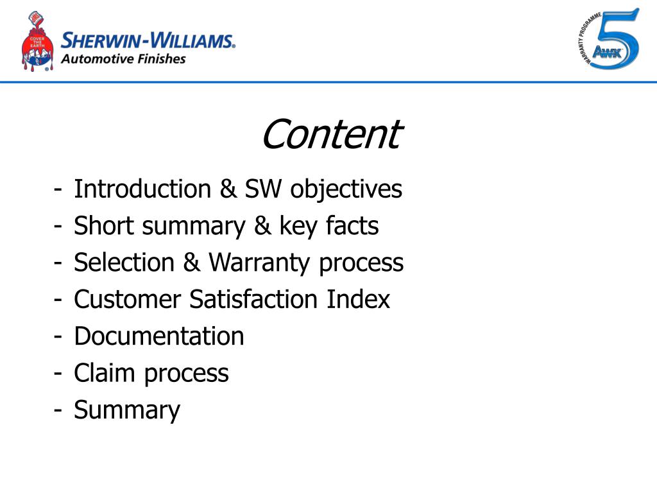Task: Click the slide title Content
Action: pyautogui.click(x=330, y=134)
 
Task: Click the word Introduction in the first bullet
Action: pyautogui.click(x=142, y=189)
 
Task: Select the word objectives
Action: pyautogui.click(x=346, y=189)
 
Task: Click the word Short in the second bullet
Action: pyautogui.click(x=100, y=226)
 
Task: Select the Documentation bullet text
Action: pyautogui.click(x=158, y=336)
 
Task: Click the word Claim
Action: pyautogui.click(x=105, y=373)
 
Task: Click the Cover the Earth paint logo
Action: pyautogui.click(x=37, y=43)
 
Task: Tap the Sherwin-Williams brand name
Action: pyautogui.click(x=148, y=41)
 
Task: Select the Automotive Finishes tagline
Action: pyautogui.click(x=123, y=59)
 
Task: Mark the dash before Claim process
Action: pyautogui.click(x=58, y=373)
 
